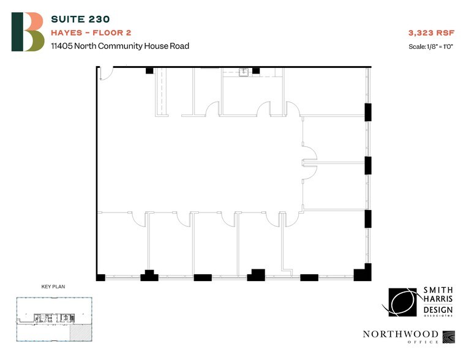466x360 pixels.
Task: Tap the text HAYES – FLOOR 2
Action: point(91,32)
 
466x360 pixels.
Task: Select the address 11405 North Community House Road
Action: point(119,46)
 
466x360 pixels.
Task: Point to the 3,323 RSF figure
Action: point(428,32)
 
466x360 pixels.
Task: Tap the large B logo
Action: point(28,32)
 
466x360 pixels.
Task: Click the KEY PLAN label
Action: point(53,286)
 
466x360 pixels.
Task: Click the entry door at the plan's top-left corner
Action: point(105,73)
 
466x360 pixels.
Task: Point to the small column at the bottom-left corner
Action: point(100,277)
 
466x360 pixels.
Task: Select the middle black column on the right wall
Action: point(368,165)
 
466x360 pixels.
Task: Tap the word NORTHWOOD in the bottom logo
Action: point(400,334)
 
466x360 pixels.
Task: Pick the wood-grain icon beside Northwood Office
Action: point(450,336)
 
